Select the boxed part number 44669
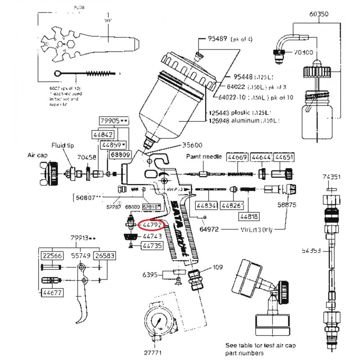tap(237, 157)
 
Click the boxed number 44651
tap(284, 157)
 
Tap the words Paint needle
tap(204, 157)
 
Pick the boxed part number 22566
tap(50, 255)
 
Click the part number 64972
tap(209, 229)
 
